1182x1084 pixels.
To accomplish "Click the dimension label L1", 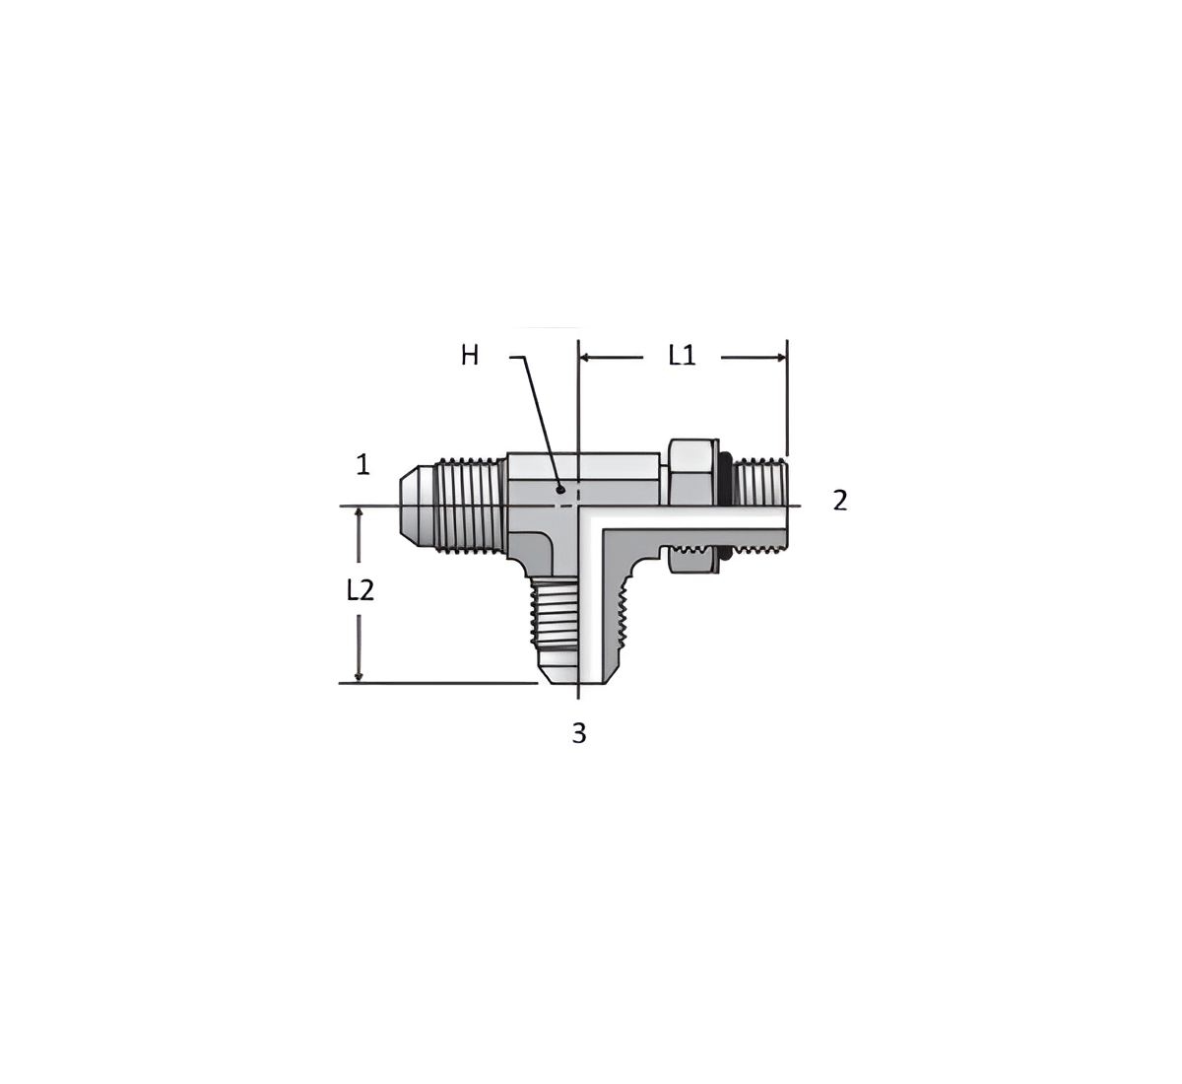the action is coord(682,355).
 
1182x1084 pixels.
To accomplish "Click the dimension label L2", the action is coord(361,589).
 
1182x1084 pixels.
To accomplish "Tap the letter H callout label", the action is coord(470,356).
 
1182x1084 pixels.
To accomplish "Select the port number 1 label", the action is coord(362,465).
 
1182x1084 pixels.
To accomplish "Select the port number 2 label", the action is coord(839,501).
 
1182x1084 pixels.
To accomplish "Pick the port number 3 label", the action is coord(579,733).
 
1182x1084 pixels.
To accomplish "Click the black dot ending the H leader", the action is coord(560,489).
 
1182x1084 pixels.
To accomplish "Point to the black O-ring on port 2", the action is coord(726,506).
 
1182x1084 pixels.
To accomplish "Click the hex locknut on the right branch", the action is coord(693,506).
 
